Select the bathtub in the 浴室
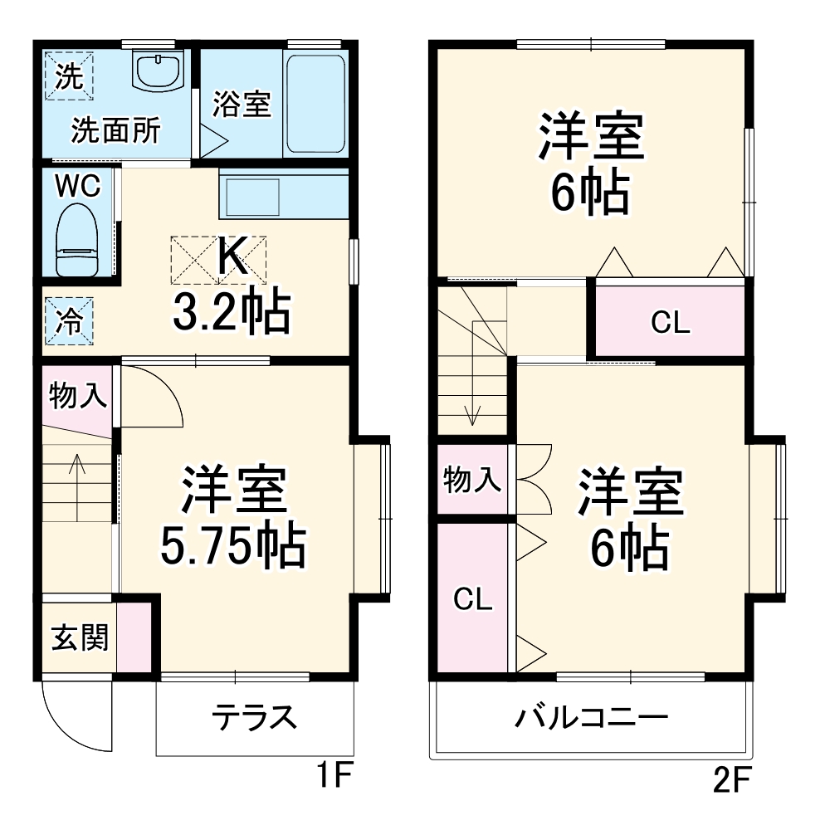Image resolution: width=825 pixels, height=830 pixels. pos(315,103)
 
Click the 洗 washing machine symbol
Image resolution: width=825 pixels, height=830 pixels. pos(70,76)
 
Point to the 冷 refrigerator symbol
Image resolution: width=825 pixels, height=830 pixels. pos(69,320)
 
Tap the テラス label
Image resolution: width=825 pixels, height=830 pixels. pos(254,715)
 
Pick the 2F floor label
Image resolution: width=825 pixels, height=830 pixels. pos(731,779)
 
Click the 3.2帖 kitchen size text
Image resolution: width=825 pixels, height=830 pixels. pos(232,312)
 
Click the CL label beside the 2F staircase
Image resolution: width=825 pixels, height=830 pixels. pos(670,324)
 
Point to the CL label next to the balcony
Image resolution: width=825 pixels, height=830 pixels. pos(472,598)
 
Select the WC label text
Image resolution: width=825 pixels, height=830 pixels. pos(77,186)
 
